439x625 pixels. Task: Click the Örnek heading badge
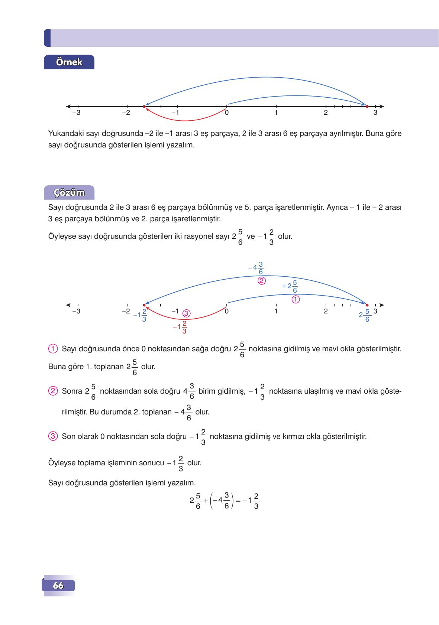69,62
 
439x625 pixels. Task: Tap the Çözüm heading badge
69,193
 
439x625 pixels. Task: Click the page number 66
58,586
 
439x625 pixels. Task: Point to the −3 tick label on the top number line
76,113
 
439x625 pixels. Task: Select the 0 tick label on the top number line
227,113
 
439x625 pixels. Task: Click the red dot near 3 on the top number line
367,107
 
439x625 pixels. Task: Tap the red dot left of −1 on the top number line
144,107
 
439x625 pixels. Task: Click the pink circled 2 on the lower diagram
261,281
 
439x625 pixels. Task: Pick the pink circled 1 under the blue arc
296,299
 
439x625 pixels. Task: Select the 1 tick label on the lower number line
276,312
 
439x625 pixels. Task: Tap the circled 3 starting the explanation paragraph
53,436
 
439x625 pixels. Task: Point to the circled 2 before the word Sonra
53,391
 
